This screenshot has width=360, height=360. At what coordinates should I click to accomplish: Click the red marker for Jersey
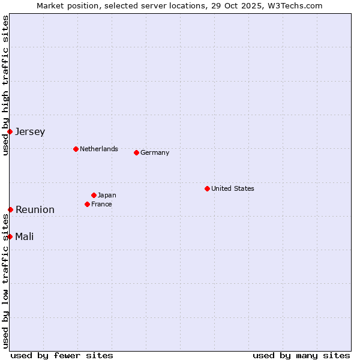click(10, 131)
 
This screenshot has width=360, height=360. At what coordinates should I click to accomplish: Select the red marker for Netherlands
click(76, 149)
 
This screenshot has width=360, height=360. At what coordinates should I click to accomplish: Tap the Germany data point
click(136, 152)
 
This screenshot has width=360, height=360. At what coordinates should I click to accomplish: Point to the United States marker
click(207, 188)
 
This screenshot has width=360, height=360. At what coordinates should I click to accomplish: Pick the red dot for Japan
click(94, 195)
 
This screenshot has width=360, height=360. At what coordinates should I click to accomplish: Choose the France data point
click(88, 204)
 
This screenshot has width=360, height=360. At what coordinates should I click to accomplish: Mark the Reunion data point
click(10, 209)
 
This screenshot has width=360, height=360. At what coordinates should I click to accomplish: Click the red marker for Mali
click(10, 236)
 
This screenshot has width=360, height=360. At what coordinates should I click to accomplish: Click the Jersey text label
click(30, 132)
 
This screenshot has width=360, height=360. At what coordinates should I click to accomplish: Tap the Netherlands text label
click(99, 149)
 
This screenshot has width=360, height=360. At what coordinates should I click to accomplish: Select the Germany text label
click(155, 152)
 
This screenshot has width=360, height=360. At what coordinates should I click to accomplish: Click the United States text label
click(233, 188)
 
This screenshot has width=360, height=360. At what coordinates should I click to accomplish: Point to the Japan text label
click(107, 195)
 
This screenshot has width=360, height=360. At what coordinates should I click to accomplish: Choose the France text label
click(101, 204)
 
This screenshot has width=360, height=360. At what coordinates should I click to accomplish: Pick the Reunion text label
click(35, 210)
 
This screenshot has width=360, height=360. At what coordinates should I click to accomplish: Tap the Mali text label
click(25, 237)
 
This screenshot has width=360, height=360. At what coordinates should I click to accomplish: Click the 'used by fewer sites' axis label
click(62, 355)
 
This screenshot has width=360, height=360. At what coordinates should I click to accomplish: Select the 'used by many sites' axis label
click(301, 355)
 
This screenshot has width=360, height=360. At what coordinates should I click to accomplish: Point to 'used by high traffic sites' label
click(5, 85)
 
